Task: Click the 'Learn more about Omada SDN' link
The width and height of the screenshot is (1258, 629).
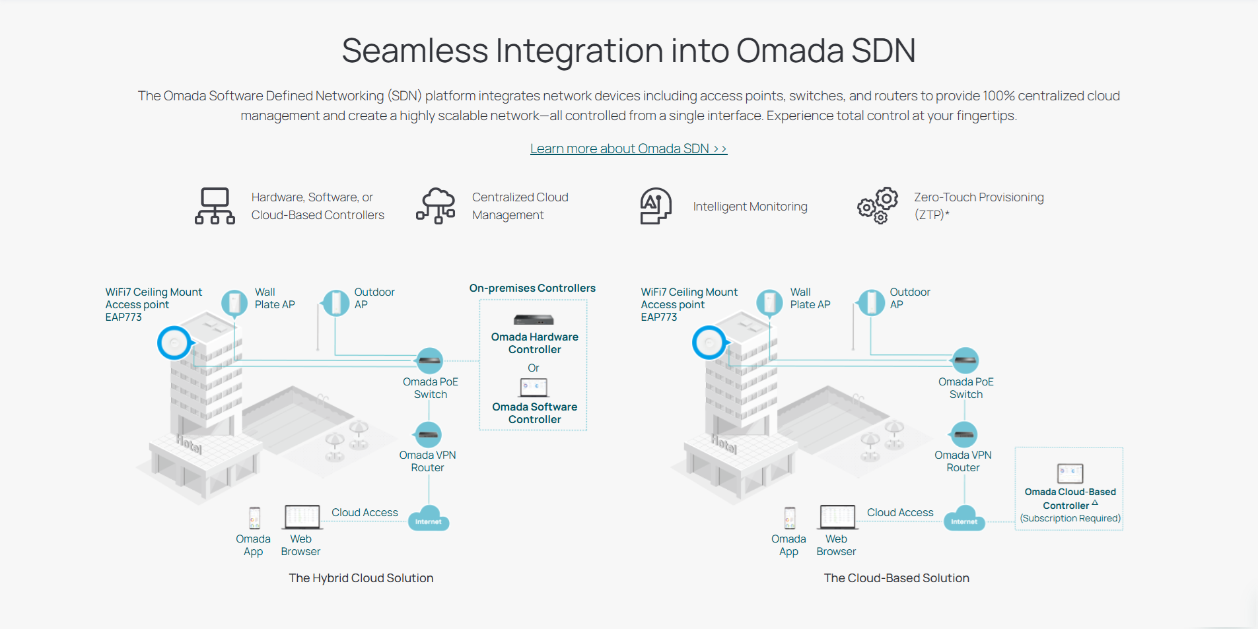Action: coord(628,149)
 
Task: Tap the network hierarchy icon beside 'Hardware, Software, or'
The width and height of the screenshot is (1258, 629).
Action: coord(215,206)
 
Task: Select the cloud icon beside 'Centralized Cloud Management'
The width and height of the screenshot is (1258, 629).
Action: coord(436,206)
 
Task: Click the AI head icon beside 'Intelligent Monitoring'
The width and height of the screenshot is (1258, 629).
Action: coord(655,206)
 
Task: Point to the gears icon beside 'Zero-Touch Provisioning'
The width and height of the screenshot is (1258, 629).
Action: coord(878,205)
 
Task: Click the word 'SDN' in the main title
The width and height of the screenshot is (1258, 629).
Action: coord(883,51)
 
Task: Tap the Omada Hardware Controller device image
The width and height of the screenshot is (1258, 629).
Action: coord(534,320)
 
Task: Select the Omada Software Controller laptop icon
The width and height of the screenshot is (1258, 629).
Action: coord(534,387)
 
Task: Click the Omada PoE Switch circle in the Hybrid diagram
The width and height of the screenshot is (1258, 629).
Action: coord(430,360)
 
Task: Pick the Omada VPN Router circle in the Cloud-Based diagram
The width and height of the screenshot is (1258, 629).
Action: coord(965,434)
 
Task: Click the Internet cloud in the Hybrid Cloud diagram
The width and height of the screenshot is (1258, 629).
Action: coord(429,519)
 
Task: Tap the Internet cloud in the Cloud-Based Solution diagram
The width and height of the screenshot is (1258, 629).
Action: coord(965,519)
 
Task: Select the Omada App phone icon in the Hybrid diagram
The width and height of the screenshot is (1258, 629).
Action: coord(254,518)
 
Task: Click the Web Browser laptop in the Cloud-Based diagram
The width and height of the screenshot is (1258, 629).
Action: coord(837,517)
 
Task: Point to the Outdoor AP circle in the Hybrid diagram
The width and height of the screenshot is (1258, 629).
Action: coord(336,304)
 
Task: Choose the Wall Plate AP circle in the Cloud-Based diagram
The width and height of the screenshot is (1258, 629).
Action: coord(769,303)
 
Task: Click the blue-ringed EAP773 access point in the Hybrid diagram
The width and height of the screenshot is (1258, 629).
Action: coord(175,343)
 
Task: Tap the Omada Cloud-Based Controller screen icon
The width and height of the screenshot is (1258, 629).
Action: coord(1070,473)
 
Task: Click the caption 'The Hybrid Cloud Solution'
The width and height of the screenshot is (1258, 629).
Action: coord(361,578)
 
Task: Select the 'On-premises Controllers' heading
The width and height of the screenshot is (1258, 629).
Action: coord(532,288)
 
